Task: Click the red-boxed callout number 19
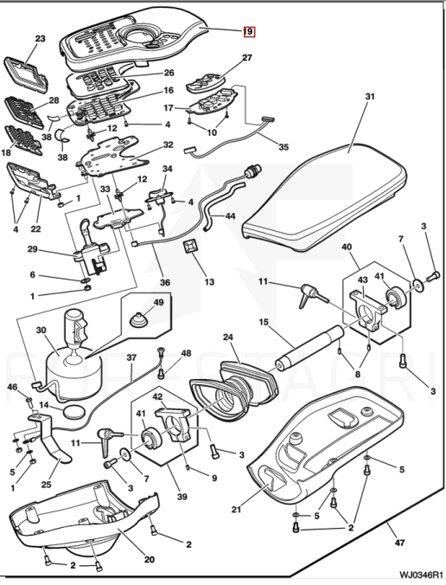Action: pos(249,32)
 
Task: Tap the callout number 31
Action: pos(369,97)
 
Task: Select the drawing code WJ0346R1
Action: pos(421,574)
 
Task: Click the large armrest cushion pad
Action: pos(324,197)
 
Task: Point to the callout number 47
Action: pos(399,543)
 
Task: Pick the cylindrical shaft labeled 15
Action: pos(309,347)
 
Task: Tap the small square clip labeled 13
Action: pos(189,247)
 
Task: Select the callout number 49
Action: pos(158,302)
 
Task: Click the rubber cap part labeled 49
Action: pos(139,319)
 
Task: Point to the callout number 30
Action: pos(41,331)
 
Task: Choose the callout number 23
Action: pos(41,38)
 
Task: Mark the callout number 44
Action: pos(230,215)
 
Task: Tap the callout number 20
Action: pos(149,560)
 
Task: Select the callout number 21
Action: pos(236,509)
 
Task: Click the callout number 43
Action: pos(362,280)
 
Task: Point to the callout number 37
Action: pos(131,357)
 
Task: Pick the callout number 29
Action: pos(33,248)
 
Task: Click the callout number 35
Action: pos(284,147)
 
